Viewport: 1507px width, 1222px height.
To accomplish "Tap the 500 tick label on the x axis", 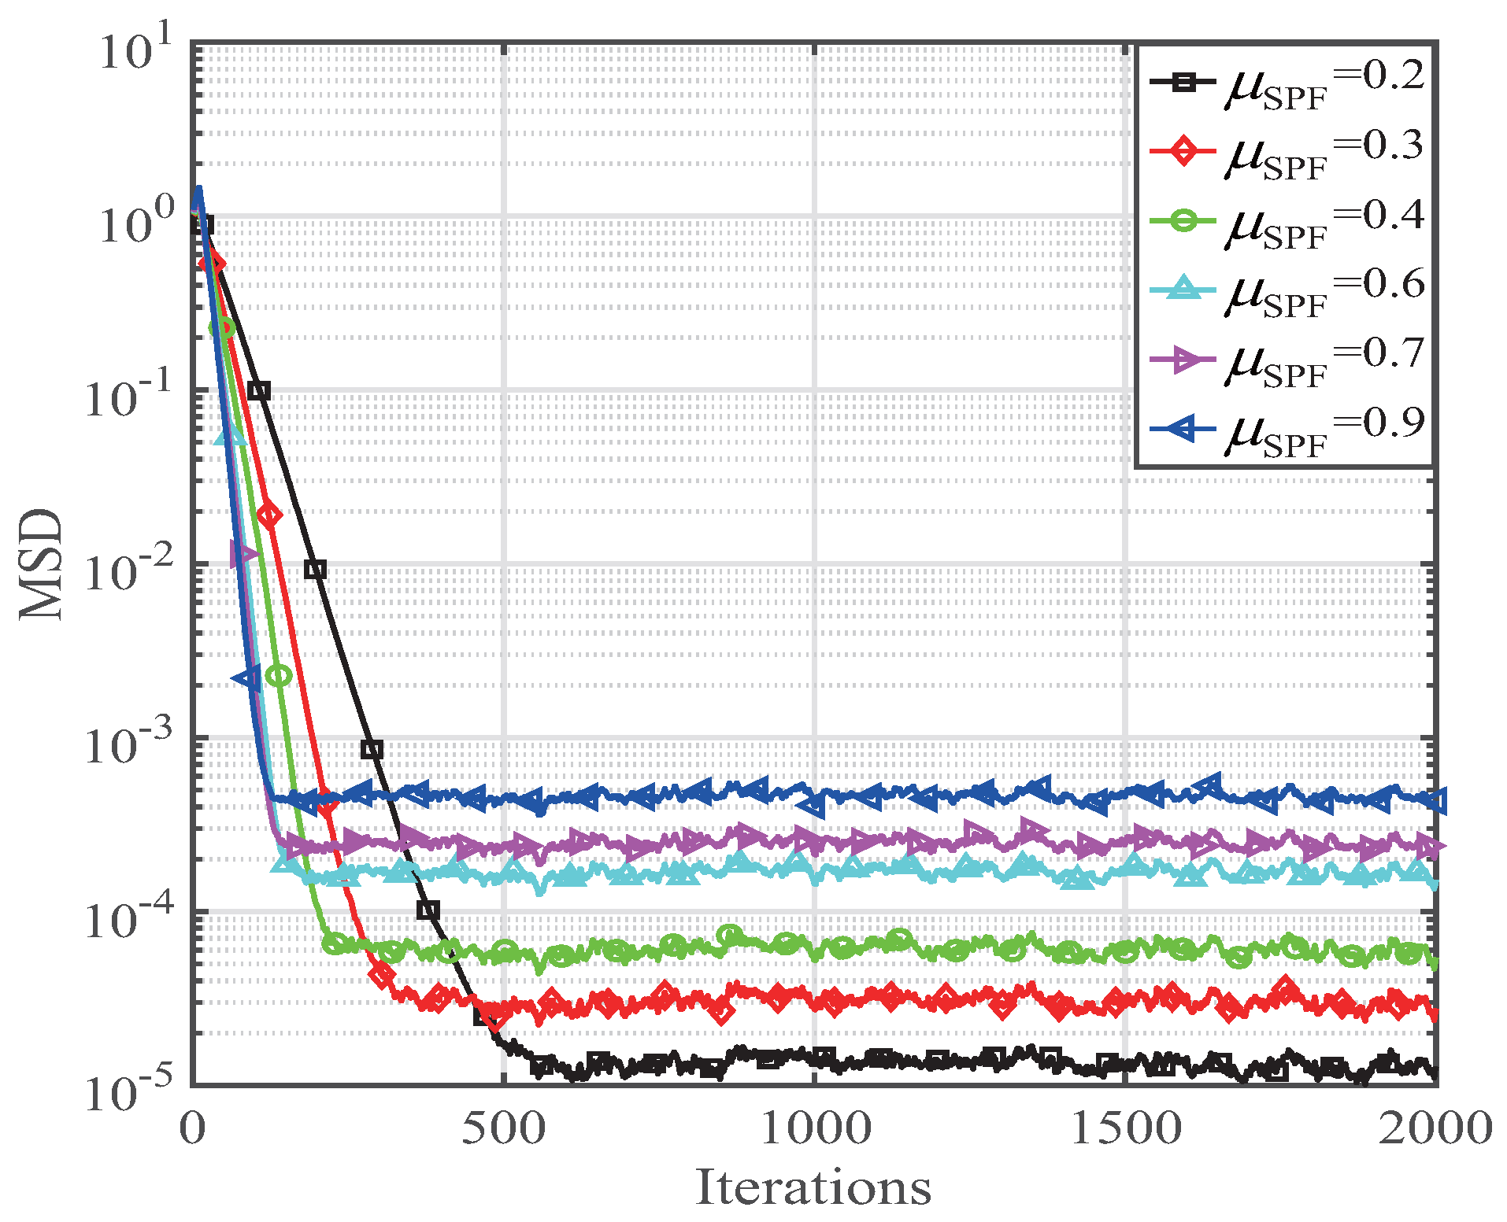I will coord(503,1128).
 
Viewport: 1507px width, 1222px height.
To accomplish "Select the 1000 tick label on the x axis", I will coord(814,1128).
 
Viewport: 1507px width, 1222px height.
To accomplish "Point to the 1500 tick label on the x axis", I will coord(1125,1128).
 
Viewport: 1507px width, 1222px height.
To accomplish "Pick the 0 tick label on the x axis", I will coord(192,1128).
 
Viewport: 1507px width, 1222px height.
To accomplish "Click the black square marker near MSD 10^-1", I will coord(259,390).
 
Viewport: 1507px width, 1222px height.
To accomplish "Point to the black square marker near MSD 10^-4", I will coord(428,910).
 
